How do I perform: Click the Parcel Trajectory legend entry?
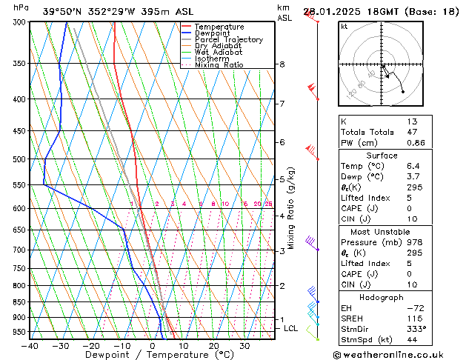228,39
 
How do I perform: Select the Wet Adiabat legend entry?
218,52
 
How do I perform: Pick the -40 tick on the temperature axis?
30,346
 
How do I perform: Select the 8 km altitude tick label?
282,64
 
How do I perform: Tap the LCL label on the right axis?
291,328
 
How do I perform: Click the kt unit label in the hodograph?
344,26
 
